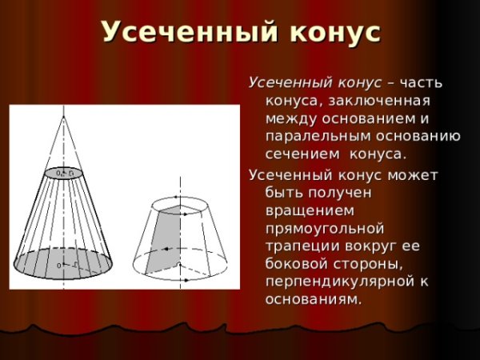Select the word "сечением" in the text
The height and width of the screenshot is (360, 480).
pos(297,154)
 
